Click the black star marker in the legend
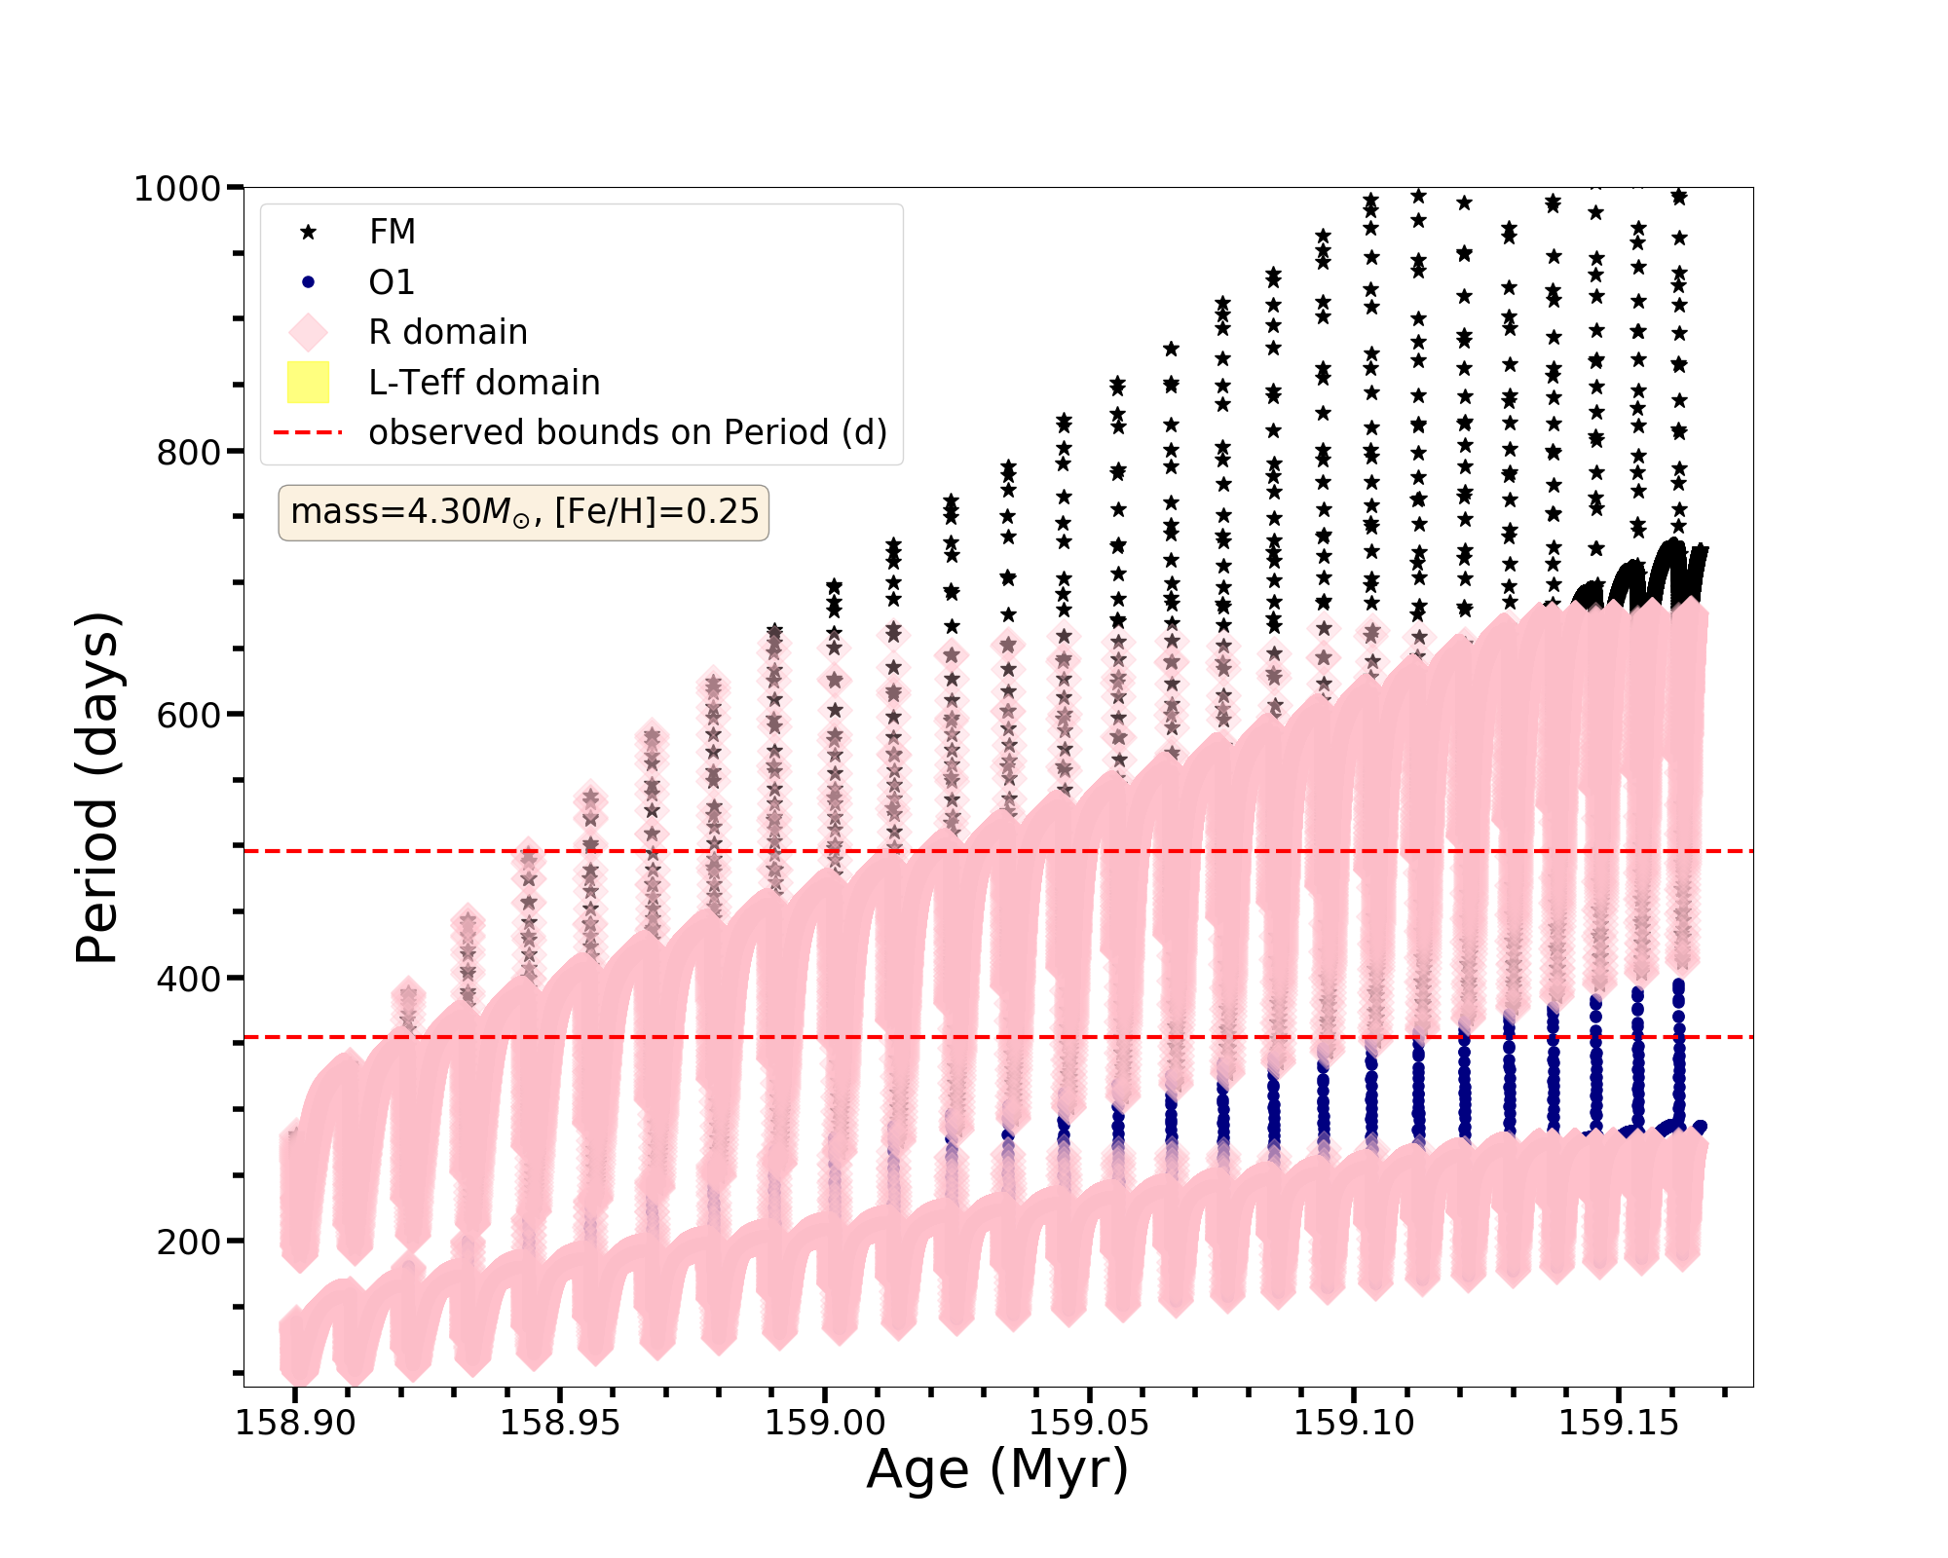309,232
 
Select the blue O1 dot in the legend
309,282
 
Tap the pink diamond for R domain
309,332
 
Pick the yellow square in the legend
309,382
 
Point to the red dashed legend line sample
309,432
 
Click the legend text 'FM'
393,232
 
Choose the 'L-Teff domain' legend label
484,383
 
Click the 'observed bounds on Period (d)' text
627,432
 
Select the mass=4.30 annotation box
524,512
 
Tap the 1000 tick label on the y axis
177,188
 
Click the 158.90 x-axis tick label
296,1423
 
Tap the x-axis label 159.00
825,1423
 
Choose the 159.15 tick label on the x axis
1619,1423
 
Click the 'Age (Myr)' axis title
997,1470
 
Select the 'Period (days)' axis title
97,788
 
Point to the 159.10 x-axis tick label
1354,1423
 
